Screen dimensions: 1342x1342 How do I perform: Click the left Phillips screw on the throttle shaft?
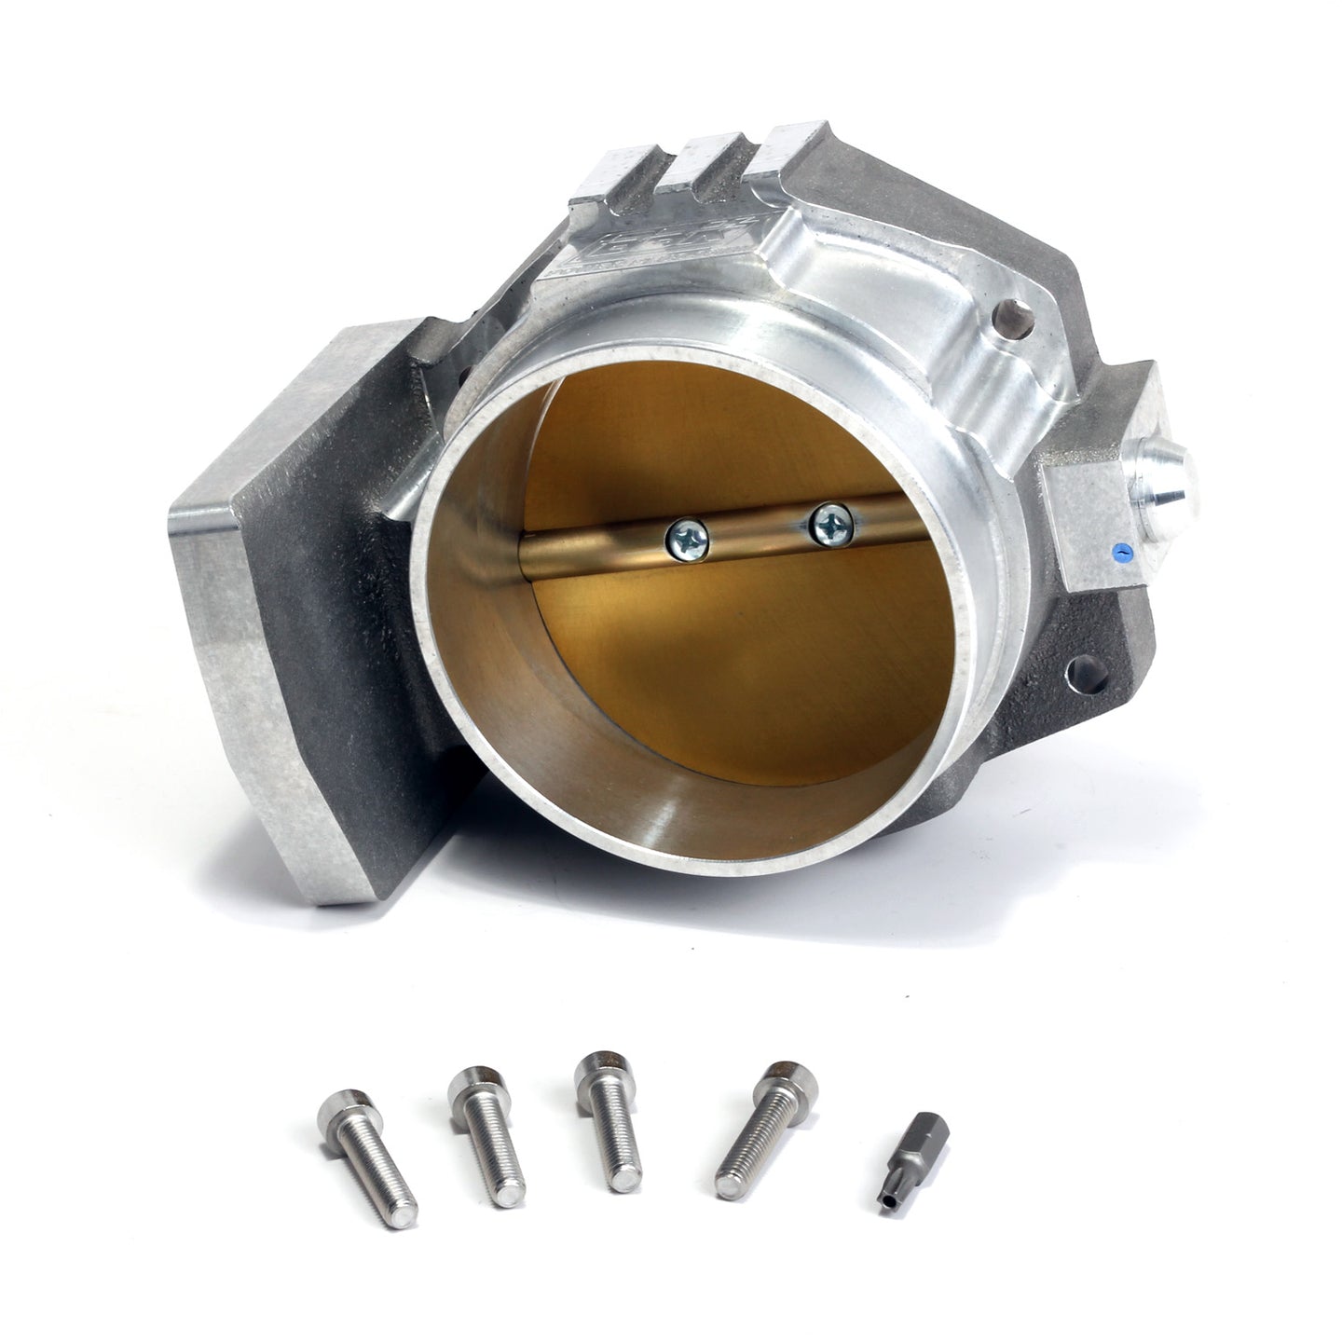tap(687, 539)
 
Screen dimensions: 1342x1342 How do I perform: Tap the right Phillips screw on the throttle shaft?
tap(831, 524)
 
